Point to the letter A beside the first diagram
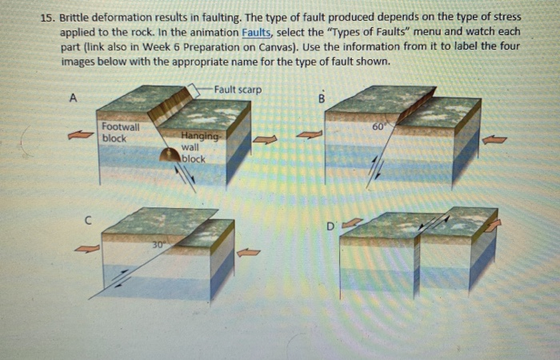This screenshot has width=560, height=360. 74,98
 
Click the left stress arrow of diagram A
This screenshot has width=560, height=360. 80,135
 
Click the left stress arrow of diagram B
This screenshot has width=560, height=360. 309,135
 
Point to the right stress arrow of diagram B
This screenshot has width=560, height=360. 494,139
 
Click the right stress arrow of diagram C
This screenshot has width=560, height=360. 250,252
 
